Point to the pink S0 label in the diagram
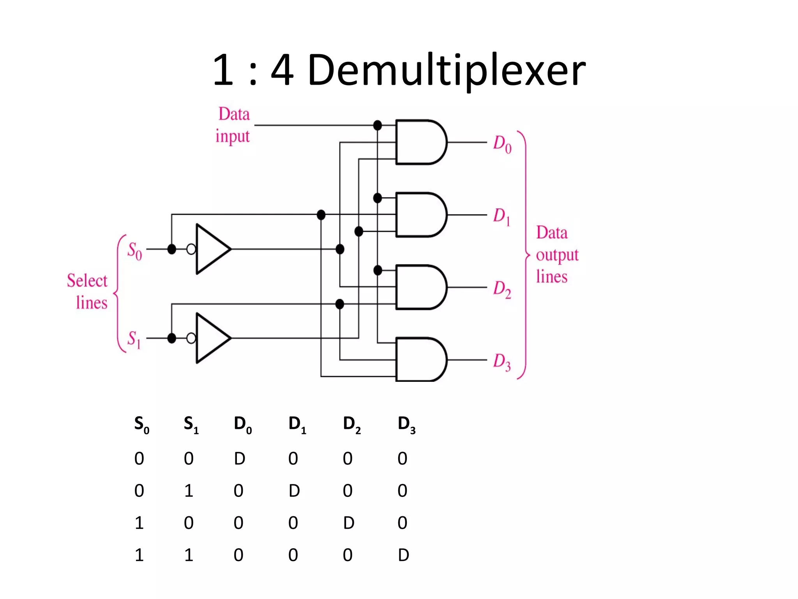pos(134,250)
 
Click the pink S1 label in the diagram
pos(134,339)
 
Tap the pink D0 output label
pos(502,144)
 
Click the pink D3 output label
pos(501,362)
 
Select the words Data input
pos(233,125)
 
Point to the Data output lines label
pos(556,254)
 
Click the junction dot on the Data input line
pos(377,125)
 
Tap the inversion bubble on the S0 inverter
pos(191,249)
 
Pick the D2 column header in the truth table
pos(351,425)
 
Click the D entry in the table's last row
pos(403,555)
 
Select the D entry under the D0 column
pos(240,458)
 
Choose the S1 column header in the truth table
pos(191,425)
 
